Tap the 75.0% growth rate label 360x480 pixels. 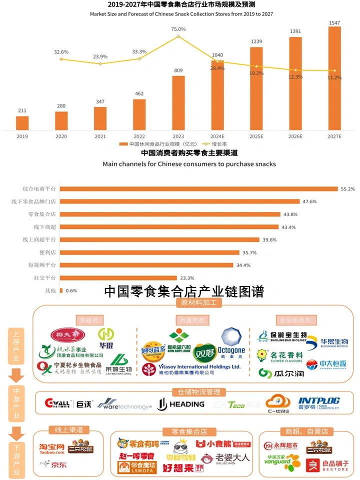point(178,29)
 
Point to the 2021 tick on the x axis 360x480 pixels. point(100,136)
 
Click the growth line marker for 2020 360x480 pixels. point(61,59)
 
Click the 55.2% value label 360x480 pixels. point(347,189)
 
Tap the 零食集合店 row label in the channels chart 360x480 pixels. point(42,214)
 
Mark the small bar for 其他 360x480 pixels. point(61,290)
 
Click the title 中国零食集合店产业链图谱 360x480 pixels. point(183,291)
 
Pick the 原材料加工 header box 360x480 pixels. point(198,303)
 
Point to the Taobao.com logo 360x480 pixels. point(52,448)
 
